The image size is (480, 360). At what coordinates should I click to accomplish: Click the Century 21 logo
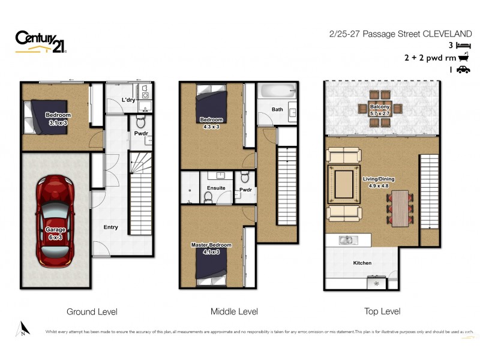[41, 41]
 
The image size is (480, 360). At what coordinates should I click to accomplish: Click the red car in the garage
[55, 220]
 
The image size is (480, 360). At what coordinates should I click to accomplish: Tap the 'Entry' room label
[110, 227]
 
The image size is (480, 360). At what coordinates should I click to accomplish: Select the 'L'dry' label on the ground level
[128, 100]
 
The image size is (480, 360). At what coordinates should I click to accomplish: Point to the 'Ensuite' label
[216, 188]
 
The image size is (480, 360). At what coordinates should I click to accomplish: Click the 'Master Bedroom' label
[211, 245]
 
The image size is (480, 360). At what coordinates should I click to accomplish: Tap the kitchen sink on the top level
[346, 241]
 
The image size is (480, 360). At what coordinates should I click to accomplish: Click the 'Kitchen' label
[362, 263]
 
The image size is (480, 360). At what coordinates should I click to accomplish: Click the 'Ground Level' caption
[92, 311]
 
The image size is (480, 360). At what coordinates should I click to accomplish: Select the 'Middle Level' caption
[234, 311]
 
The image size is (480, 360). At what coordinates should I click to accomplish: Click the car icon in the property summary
[463, 70]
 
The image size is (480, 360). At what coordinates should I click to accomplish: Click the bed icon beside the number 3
[463, 45]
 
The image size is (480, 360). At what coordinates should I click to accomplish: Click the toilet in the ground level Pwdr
[141, 123]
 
